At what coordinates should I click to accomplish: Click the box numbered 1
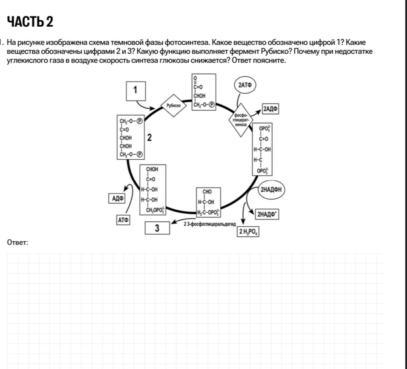(136, 91)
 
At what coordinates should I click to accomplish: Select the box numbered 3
(157, 228)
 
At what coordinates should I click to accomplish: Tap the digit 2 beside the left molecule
(149, 138)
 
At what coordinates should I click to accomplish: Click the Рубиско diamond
(173, 106)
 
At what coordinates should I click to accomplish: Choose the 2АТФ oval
(245, 85)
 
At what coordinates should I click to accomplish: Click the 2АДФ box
(271, 109)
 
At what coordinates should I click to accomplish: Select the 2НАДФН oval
(271, 189)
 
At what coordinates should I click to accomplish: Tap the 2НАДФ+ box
(267, 215)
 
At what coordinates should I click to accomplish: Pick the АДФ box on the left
(117, 198)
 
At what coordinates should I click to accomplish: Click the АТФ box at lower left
(123, 220)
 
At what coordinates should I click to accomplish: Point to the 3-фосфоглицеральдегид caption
(210, 224)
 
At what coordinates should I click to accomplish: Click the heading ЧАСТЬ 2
(30, 21)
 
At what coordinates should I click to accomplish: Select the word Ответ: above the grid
(18, 243)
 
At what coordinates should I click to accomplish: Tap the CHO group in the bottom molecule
(207, 192)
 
